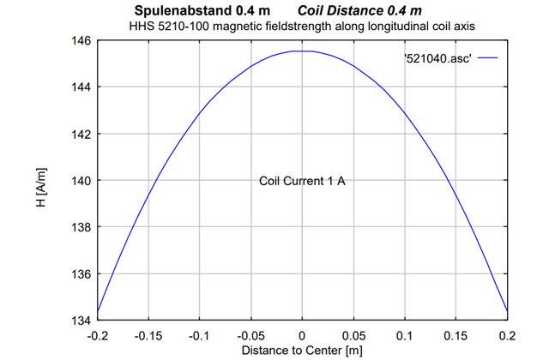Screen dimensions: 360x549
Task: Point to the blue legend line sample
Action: tap(486, 58)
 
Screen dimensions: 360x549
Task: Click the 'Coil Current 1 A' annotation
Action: tap(302, 181)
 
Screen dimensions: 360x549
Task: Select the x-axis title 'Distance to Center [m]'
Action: tap(302, 351)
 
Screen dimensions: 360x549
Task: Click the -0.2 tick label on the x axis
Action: tap(97, 335)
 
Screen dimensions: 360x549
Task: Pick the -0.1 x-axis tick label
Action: tap(199, 335)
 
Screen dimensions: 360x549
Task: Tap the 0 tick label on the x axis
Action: tap(302, 335)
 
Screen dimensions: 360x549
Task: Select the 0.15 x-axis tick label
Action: tap(455, 335)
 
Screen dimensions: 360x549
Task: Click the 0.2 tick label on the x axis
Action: tap(507, 335)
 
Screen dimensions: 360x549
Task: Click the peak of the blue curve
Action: tap(302, 51)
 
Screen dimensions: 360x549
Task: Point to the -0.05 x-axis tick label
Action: tap(250, 335)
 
